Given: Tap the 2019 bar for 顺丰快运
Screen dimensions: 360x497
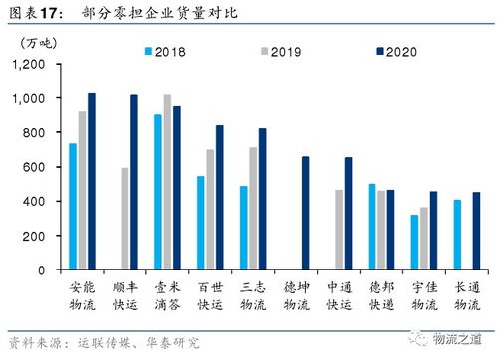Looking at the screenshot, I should pyautogui.click(x=124, y=218).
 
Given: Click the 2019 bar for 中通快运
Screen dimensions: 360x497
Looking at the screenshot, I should pyautogui.click(x=339, y=229).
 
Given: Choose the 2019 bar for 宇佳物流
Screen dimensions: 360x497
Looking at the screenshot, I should pyautogui.click(x=424, y=238).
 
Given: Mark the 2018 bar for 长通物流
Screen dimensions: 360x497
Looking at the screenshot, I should pyautogui.click(x=457, y=234).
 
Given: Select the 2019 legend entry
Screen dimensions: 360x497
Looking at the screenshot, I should pyautogui.click(x=250, y=50).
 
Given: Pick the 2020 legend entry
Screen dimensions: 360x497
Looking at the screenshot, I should pyautogui.click(x=338, y=50).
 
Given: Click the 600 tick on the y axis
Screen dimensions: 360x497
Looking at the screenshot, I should pyautogui.click(x=35, y=167).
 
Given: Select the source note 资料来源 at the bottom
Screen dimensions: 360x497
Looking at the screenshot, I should pyautogui.click(x=100, y=343).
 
